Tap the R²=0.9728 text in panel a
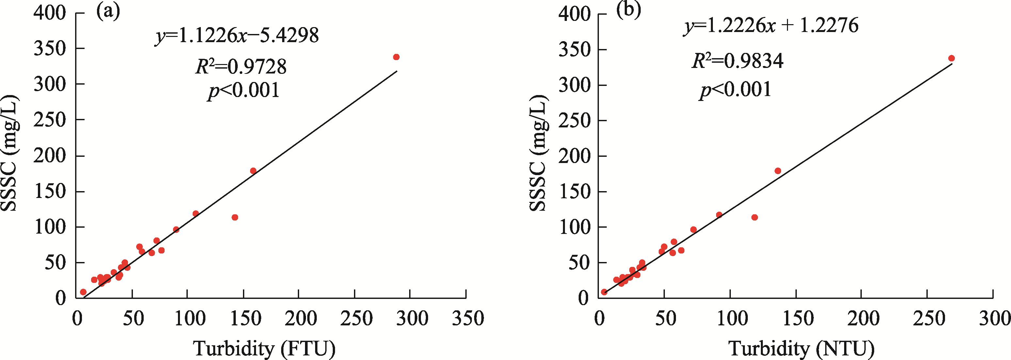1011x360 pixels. (x=241, y=67)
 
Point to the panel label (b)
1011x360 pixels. (x=628, y=10)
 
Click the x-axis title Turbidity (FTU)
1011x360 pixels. (x=264, y=348)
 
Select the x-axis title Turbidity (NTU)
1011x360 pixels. (x=801, y=348)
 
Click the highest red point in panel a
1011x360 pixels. (x=396, y=57)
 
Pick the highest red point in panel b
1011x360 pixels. (x=951, y=58)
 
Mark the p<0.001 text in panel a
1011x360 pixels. (x=244, y=91)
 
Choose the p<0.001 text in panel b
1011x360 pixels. (x=735, y=90)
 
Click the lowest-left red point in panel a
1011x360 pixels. (x=83, y=292)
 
